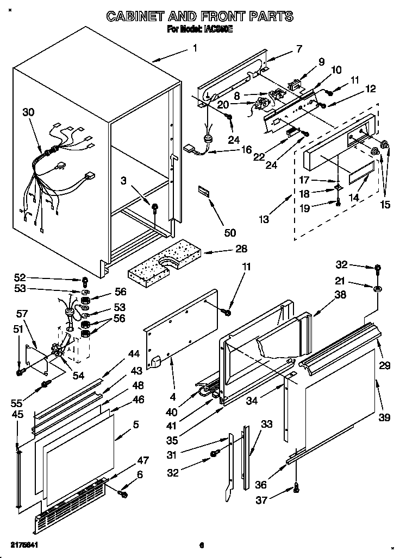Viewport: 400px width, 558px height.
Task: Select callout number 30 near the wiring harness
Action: pos(28,112)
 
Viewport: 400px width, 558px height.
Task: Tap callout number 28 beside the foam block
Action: pos(241,249)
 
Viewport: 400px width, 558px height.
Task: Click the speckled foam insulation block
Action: pos(163,265)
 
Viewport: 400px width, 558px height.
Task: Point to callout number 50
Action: pos(230,232)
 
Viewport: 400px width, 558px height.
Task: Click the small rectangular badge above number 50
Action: pos(205,192)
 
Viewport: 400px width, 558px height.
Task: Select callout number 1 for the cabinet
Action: pos(195,48)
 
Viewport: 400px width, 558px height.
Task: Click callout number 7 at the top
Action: pos(299,49)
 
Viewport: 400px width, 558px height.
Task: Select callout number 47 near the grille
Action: pos(142,460)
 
